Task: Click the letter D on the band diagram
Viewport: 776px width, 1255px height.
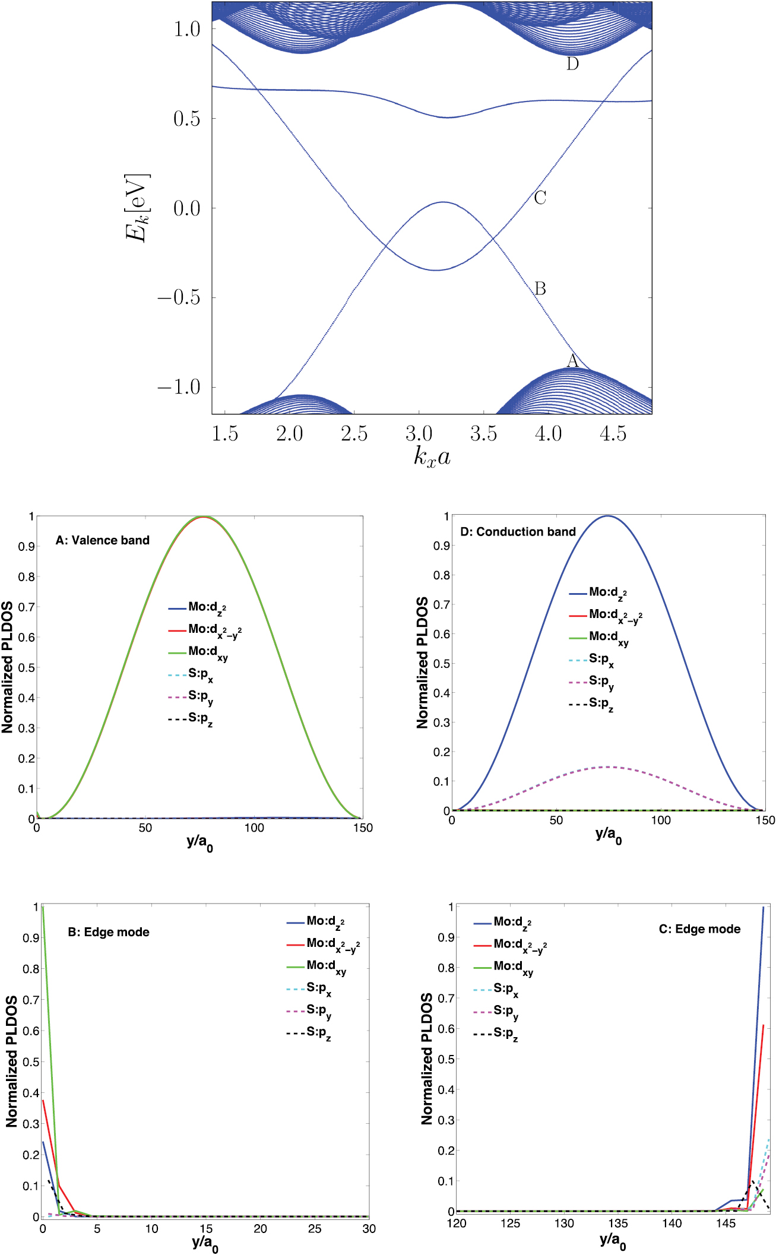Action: click(x=572, y=64)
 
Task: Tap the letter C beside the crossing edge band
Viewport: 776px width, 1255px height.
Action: click(x=540, y=198)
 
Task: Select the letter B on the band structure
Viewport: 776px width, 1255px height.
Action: click(x=540, y=289)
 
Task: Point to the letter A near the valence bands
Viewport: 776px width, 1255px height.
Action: click(x=572, y=360)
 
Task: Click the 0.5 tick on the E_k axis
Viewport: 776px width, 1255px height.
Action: click(x=186, y=119)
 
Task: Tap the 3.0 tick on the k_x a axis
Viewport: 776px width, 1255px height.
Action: click(x=419, y=433)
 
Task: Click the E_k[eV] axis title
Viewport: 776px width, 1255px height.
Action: click(x=137, y=208)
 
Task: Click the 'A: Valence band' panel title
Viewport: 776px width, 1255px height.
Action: click(x=102, y=540)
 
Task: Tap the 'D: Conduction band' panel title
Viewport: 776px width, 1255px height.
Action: click(x=518, y=532)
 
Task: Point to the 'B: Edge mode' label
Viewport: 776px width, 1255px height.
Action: click(x=108, y=932)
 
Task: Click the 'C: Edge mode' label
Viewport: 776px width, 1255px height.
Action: click(x=699, y=929)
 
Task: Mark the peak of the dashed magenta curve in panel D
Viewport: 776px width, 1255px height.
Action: click(x=608, y=767)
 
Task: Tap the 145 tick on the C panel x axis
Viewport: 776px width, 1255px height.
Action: click(x=726, y=1223)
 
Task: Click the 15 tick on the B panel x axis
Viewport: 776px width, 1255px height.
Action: click(x=206, y=1228)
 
